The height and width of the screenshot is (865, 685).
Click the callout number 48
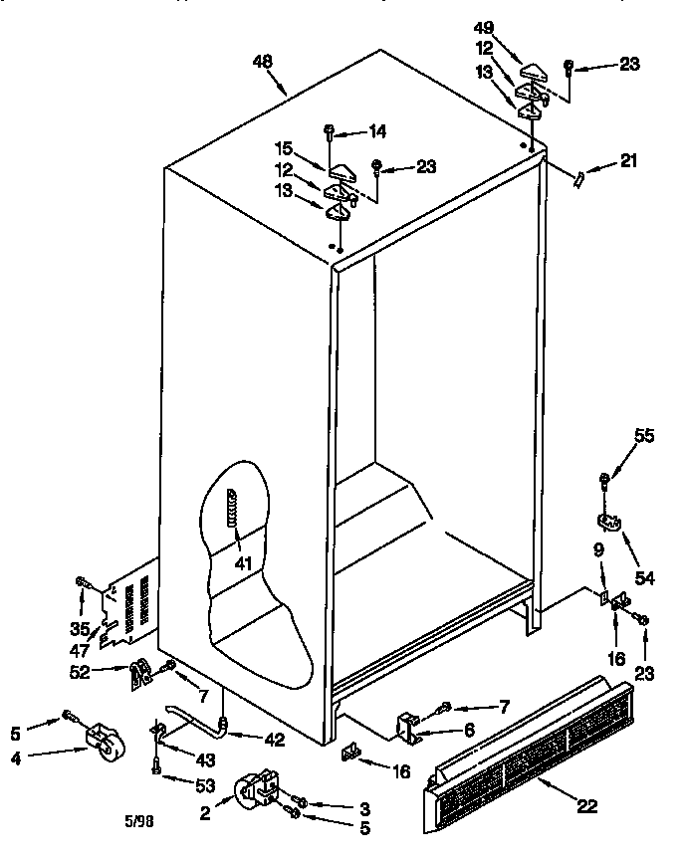coord(263,62)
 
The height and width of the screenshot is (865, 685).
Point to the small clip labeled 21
coord(579,176)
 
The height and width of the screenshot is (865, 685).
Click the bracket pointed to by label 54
coord(608,521)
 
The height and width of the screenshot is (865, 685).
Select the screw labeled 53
coord(157,766)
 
